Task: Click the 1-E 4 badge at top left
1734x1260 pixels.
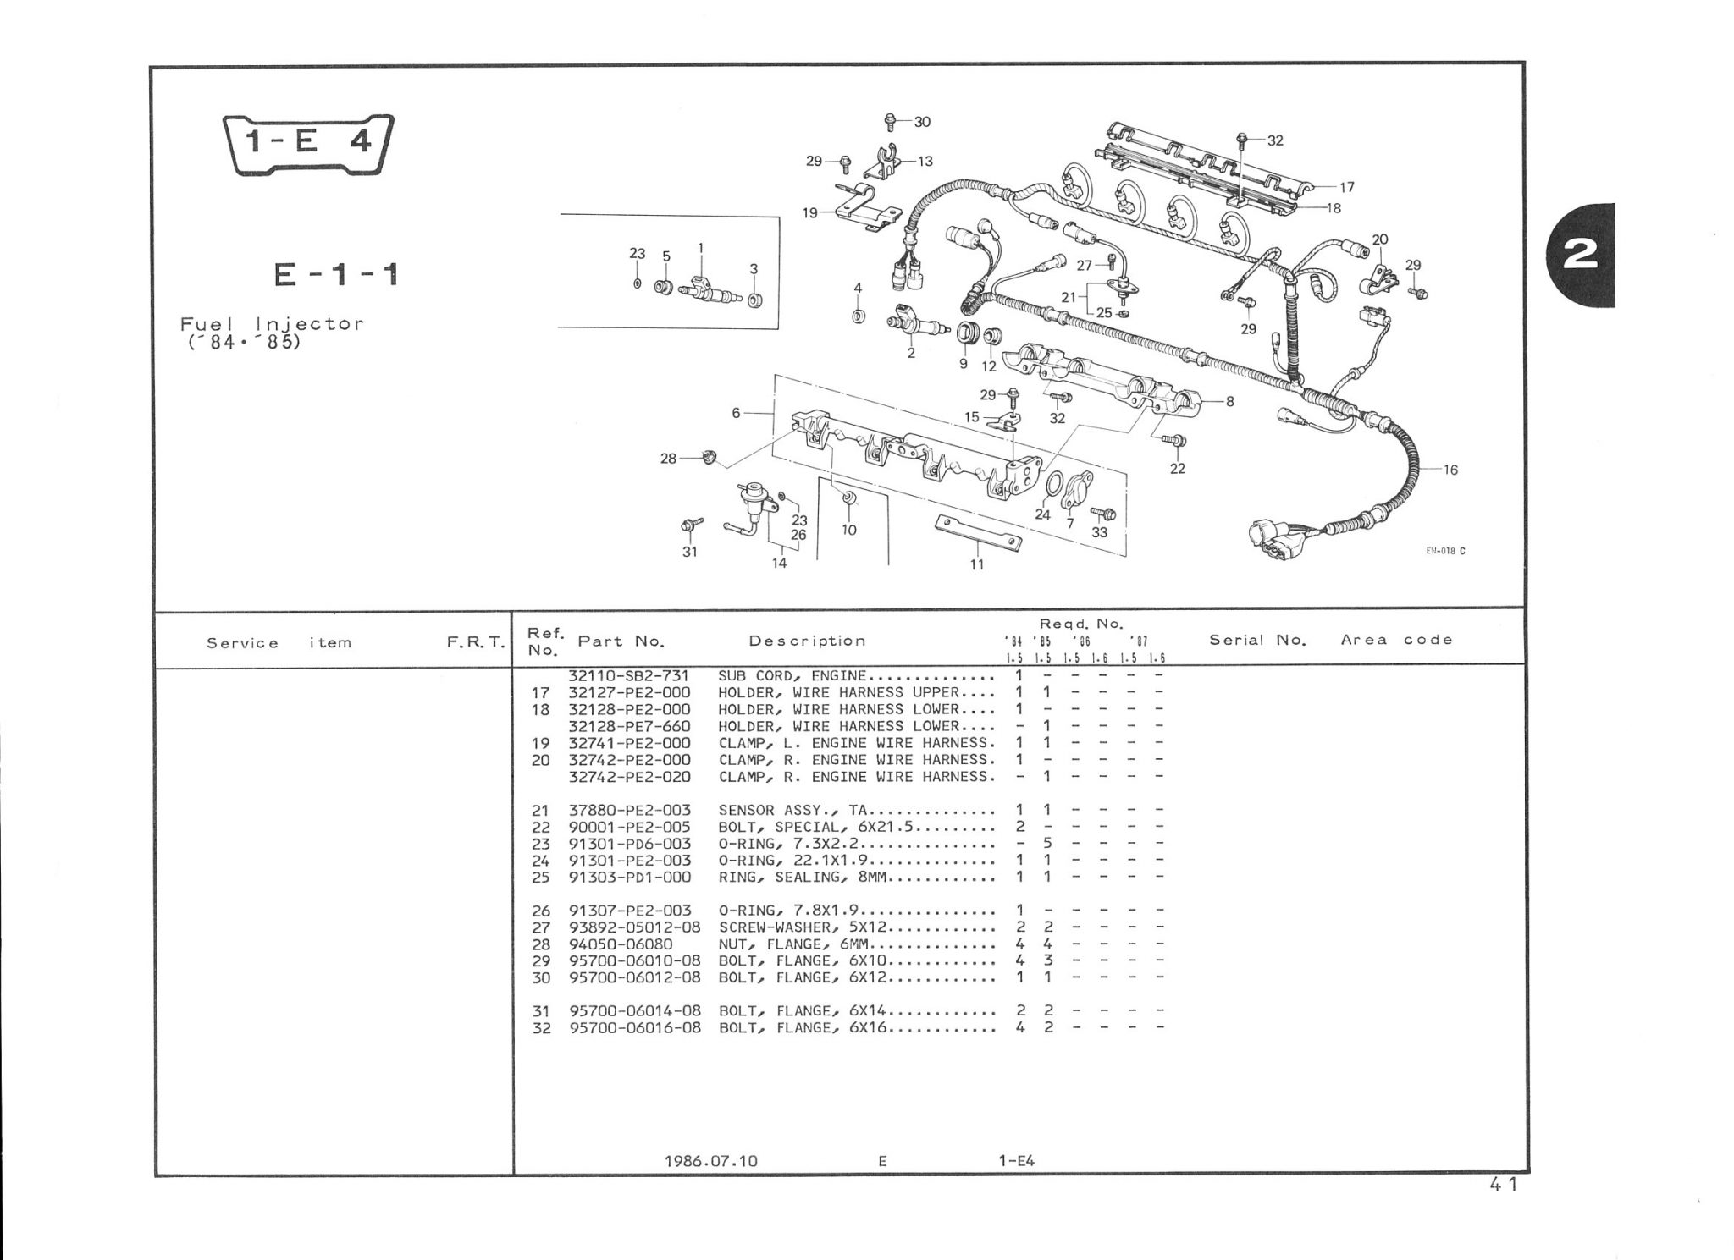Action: [308, 144]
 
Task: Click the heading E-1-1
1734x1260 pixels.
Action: [336, 275]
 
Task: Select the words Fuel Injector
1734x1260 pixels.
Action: [272, 324]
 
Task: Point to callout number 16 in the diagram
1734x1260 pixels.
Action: [1450, 470]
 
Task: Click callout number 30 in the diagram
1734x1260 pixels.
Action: [922, 122]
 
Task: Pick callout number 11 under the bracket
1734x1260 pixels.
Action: [977, 564]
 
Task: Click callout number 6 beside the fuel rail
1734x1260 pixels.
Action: [737, 413]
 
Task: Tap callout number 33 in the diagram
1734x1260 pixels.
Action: [1099, 532]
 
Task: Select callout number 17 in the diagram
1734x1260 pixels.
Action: [1347, 187]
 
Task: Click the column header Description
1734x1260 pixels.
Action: [807, 641]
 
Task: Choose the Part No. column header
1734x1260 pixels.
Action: [621, 641]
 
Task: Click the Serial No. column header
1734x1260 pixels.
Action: [1257, 641]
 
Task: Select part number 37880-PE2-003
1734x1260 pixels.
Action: [629, 811]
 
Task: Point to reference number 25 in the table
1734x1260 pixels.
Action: [540, 878]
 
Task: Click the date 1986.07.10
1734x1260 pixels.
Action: [710, 1161]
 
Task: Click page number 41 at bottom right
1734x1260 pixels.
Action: [1503, 1185]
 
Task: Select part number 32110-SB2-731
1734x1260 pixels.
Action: [629, 676]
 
